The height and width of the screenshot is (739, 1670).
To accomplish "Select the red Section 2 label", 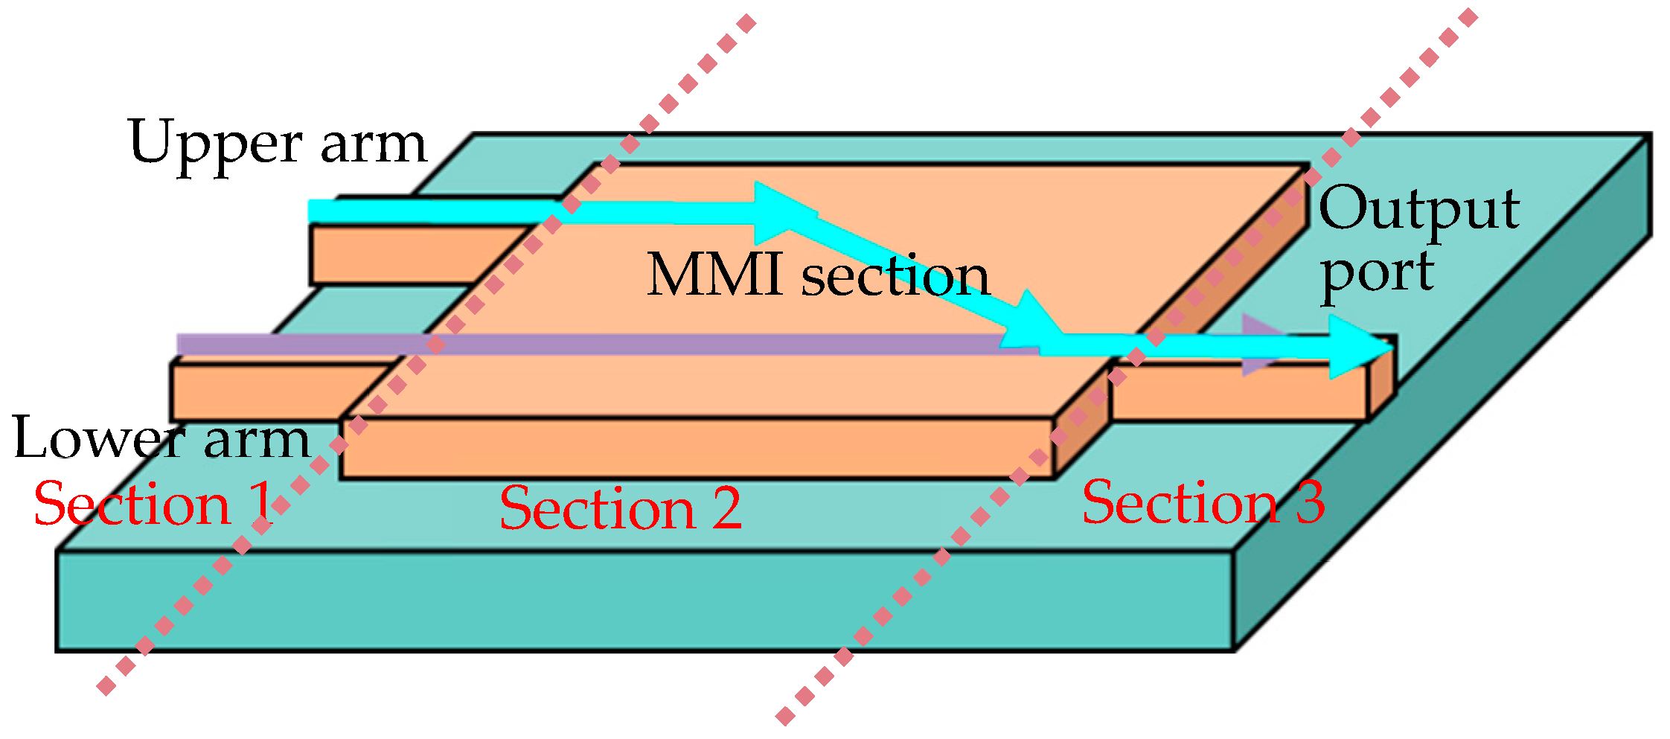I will [620, 508].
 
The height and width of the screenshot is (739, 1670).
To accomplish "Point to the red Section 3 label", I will [1203, 503].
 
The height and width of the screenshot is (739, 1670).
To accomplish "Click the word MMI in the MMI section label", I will [714, 275].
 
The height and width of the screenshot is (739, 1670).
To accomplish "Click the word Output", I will [1418, 210].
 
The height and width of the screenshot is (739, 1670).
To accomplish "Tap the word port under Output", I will [1377, 273].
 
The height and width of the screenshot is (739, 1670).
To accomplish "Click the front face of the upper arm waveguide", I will [402, 255].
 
